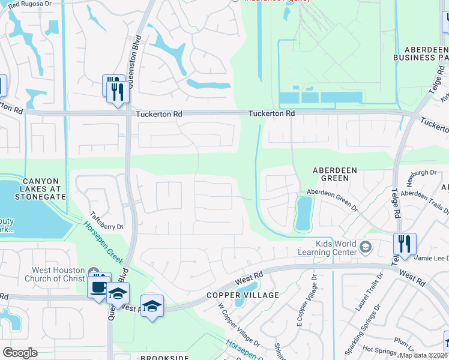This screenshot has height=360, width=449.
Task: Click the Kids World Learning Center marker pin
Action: [364, 247]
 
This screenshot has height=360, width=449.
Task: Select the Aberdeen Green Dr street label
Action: [332, 192]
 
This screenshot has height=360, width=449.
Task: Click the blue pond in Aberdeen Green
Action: [304, 214]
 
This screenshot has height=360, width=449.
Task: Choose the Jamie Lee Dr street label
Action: [432, 258]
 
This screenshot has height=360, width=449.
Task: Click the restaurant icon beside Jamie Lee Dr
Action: [405, 244]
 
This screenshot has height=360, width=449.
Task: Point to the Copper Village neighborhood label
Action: [243, 295]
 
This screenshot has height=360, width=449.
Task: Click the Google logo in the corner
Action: [20, 353]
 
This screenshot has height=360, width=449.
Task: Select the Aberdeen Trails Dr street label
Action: [423, 197]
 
